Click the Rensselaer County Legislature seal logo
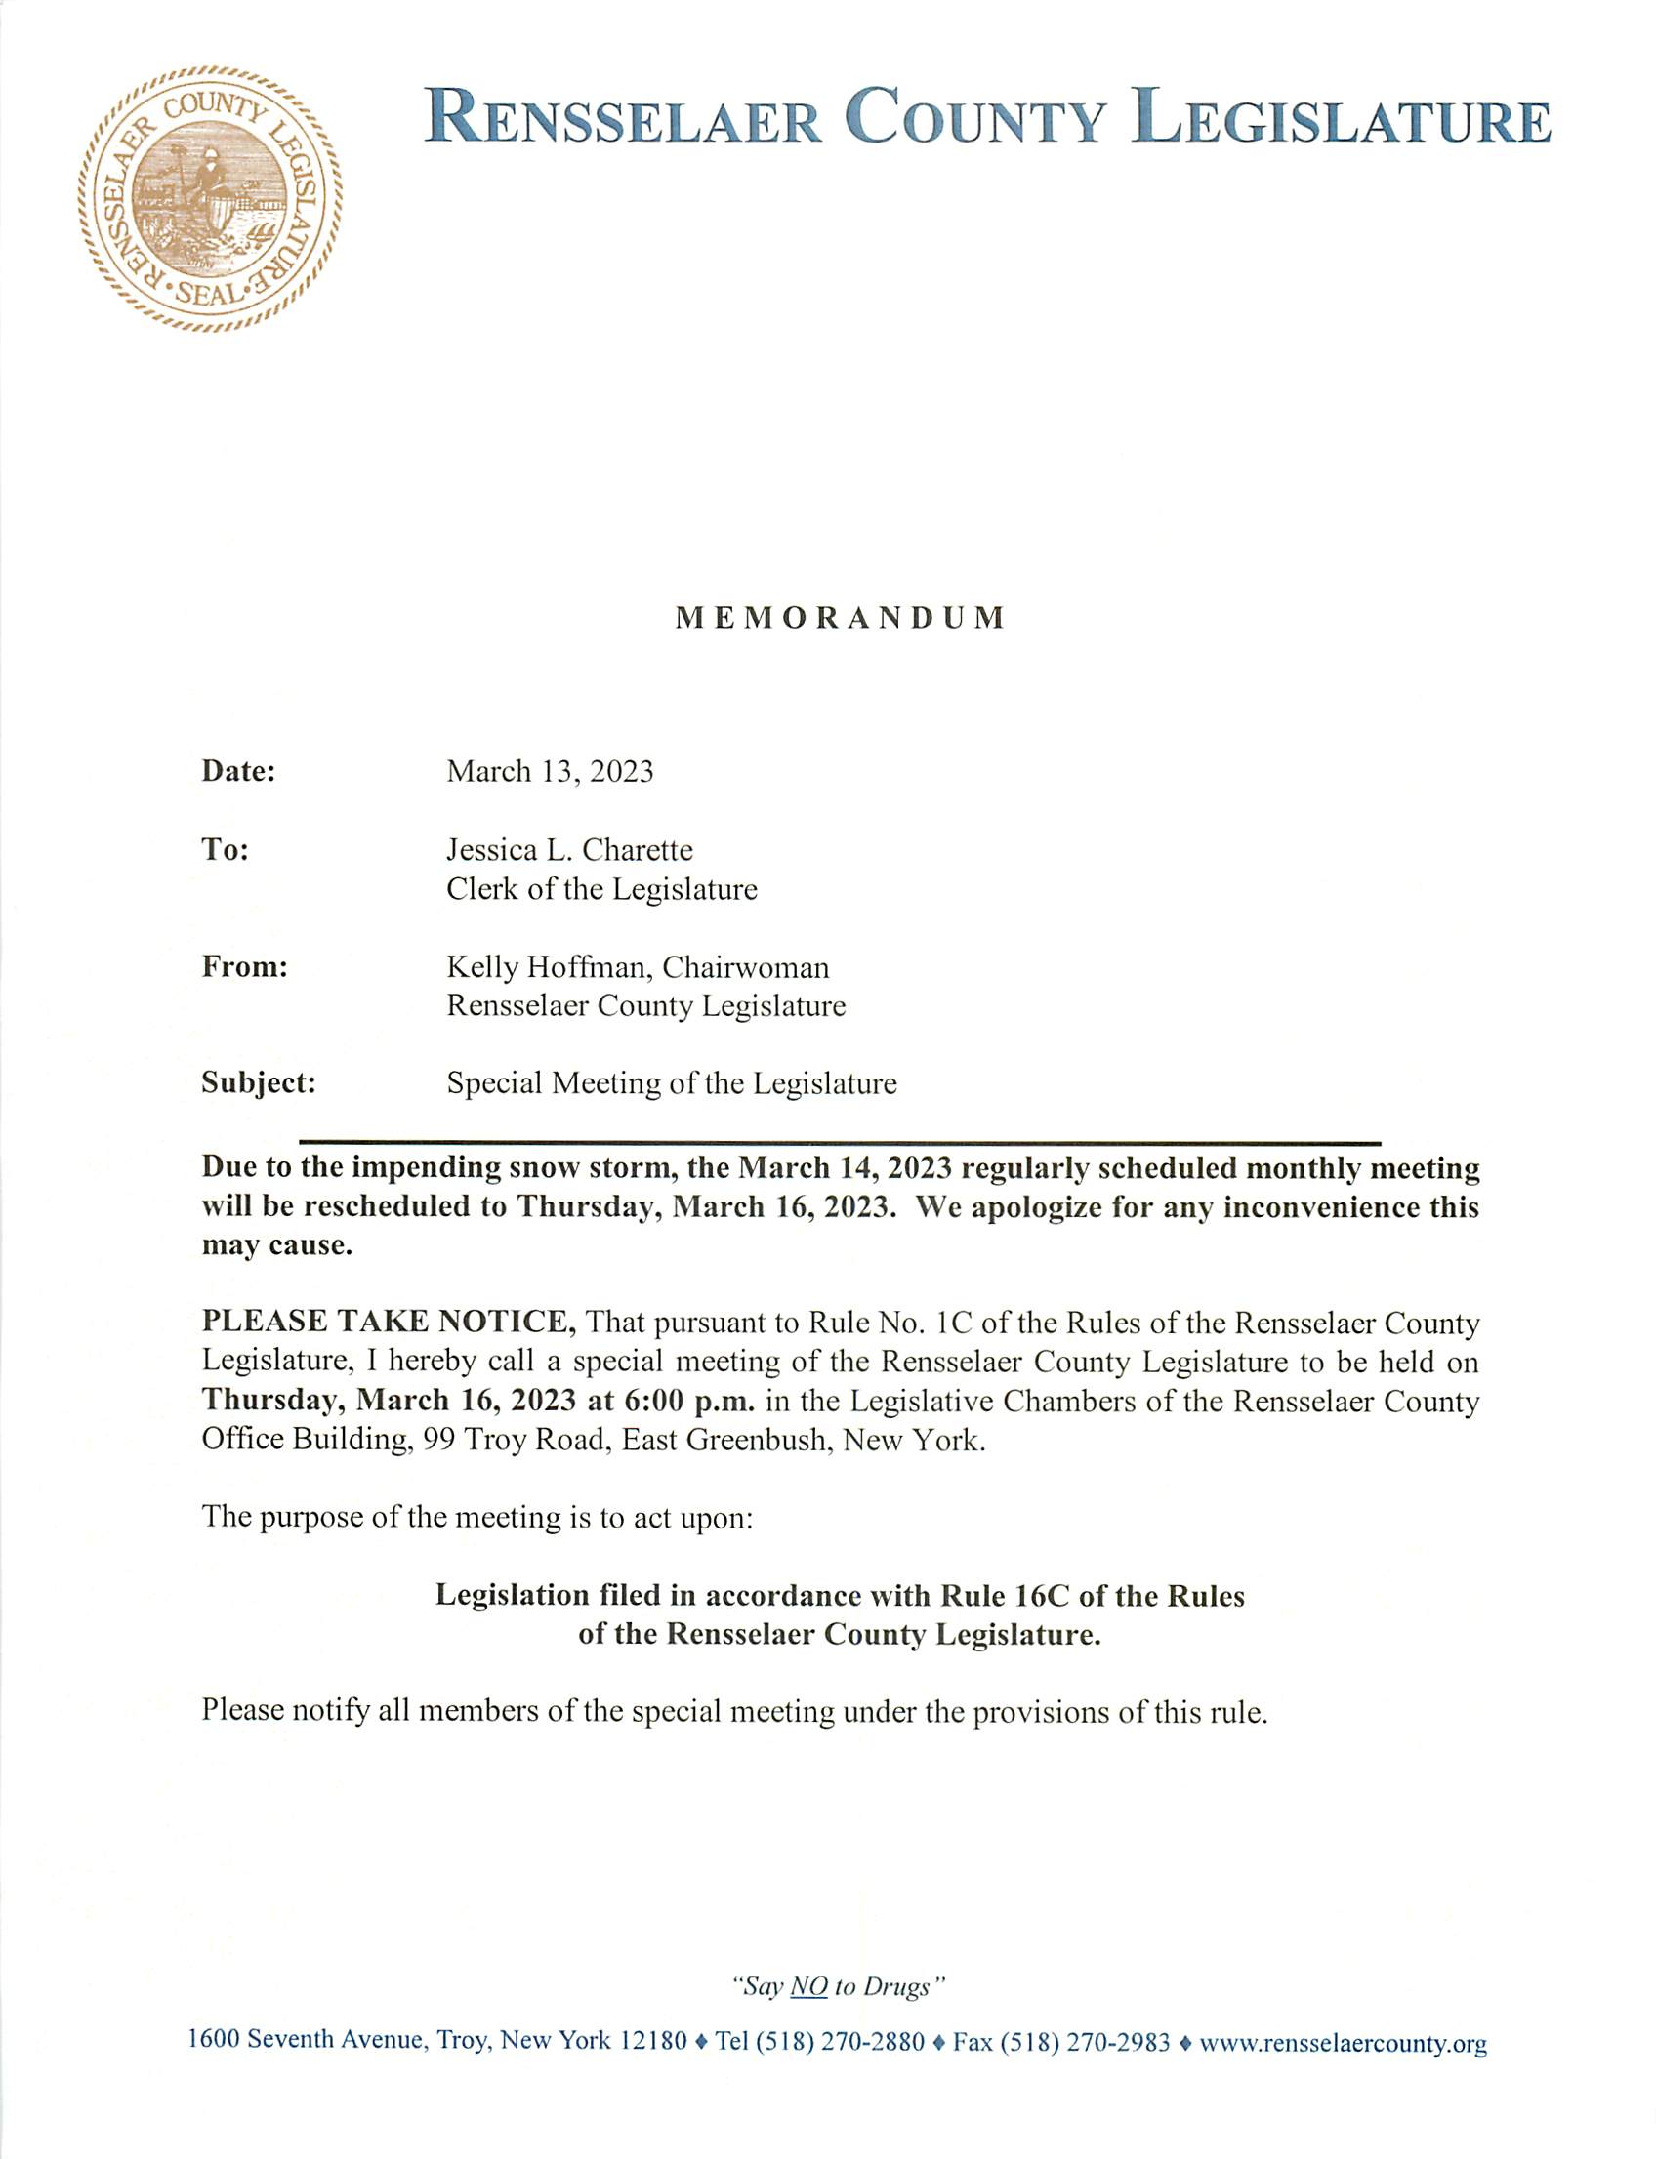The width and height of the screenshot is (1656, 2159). pyautogui.click(x=210, y=199)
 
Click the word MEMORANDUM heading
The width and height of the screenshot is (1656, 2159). pyautogui.click(x=840, y=619)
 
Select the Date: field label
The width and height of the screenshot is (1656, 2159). pyautogui.click(x=238, y=772)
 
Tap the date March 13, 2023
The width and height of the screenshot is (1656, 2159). pyautogui.click(x=550, y=772)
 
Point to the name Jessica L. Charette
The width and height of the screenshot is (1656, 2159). pyautogui.click(x=570, y=850)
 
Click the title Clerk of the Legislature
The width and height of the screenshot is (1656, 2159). pyautogui.click(x=601, y=890)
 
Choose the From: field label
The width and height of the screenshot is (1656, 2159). pyautogui.click(x=244, y=967)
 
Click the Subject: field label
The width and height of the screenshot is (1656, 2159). pyautogui.click(x=258, y=1084)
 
